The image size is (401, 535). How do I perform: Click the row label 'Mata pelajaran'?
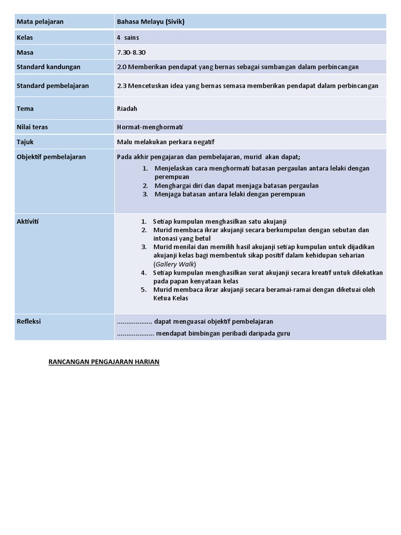[40, 21]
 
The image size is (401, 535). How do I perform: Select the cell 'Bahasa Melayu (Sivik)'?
[151, 21]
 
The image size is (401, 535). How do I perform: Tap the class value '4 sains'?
[128, 38]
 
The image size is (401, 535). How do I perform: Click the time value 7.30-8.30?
[132, 52]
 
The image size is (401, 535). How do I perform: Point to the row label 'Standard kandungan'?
[49, 67]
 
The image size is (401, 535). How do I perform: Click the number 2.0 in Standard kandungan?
[122, 67]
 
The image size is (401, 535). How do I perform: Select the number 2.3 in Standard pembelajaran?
[122, 86]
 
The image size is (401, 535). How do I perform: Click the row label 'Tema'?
[25, 109]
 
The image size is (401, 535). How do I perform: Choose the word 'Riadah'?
[127, 109]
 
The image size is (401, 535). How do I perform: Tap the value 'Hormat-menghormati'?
[146, 127]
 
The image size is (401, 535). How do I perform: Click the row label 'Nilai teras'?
[32, 127]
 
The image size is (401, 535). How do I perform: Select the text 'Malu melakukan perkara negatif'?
[166, 142]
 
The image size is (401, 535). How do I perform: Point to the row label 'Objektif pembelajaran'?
[51, 157]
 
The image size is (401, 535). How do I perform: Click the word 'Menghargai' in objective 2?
[173, 185]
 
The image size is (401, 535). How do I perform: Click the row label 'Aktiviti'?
[28, 222]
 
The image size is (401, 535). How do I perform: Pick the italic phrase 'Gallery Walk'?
[174, 264]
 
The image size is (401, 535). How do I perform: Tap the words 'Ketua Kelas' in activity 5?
[171, 298]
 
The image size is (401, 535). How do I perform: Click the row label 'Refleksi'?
[29, 321]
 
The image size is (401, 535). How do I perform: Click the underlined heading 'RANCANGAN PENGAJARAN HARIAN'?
[104, 362]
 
